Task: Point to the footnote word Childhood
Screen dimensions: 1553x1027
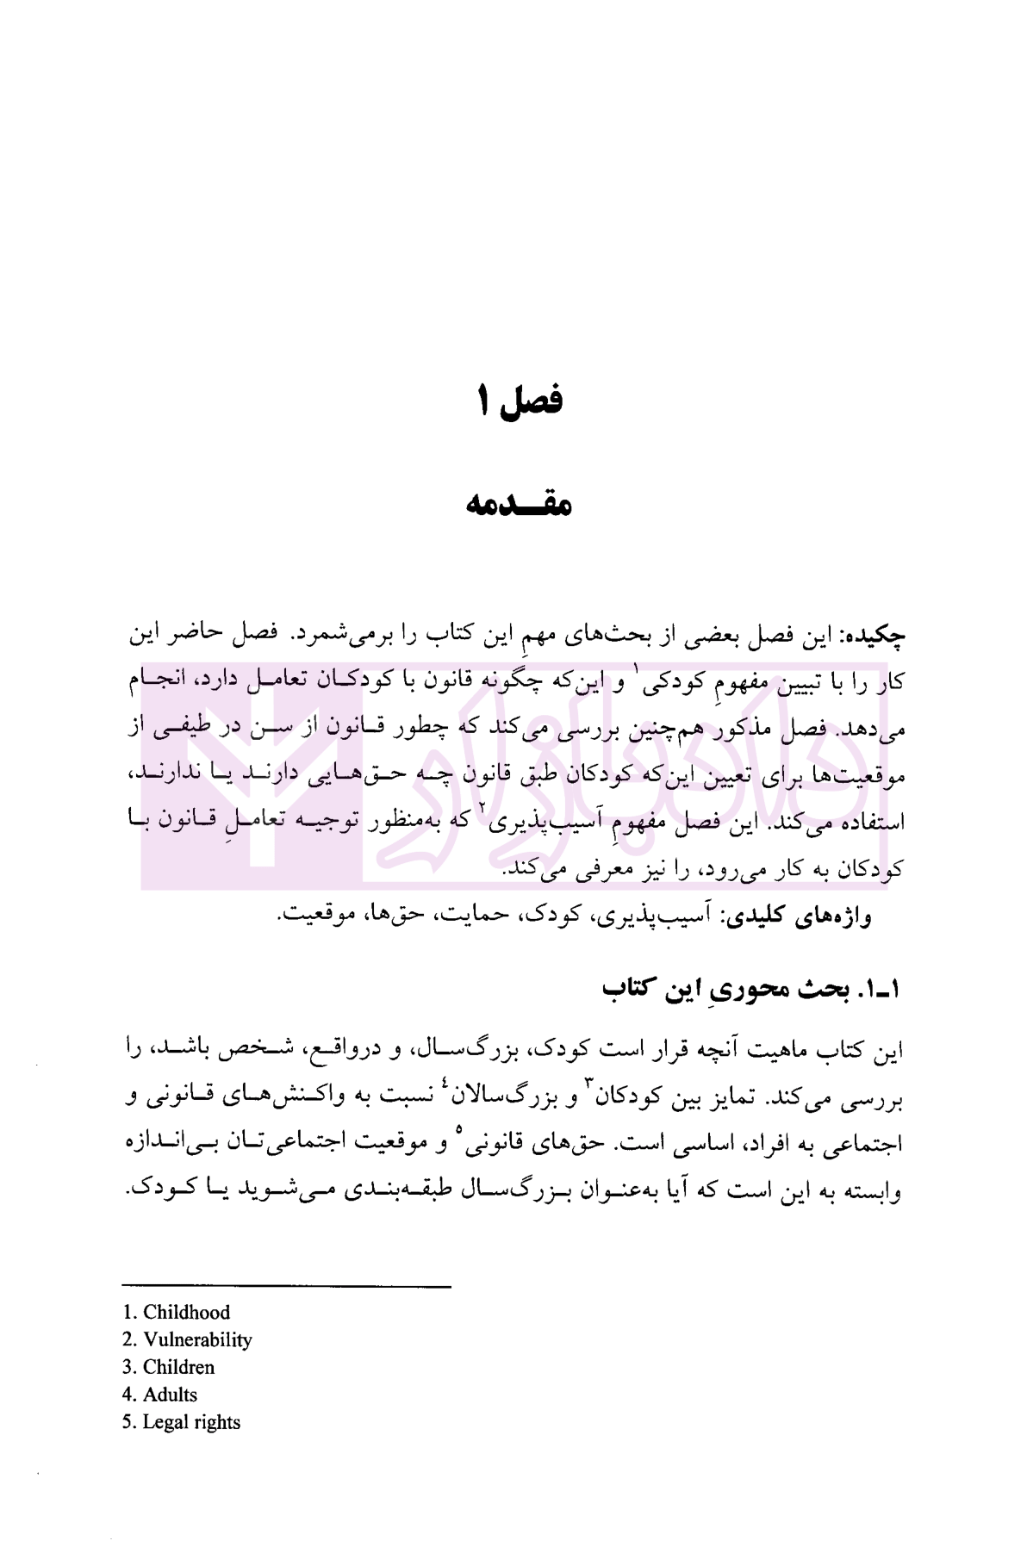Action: [x=186, y=1313]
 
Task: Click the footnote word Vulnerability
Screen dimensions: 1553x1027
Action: [x=197, y=1340]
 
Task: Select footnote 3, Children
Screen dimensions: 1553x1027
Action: [x=178, y=1367]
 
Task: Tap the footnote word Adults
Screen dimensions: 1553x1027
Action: [x=170, y=1395]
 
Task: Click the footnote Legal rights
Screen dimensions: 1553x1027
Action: [x=191, y=1422]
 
